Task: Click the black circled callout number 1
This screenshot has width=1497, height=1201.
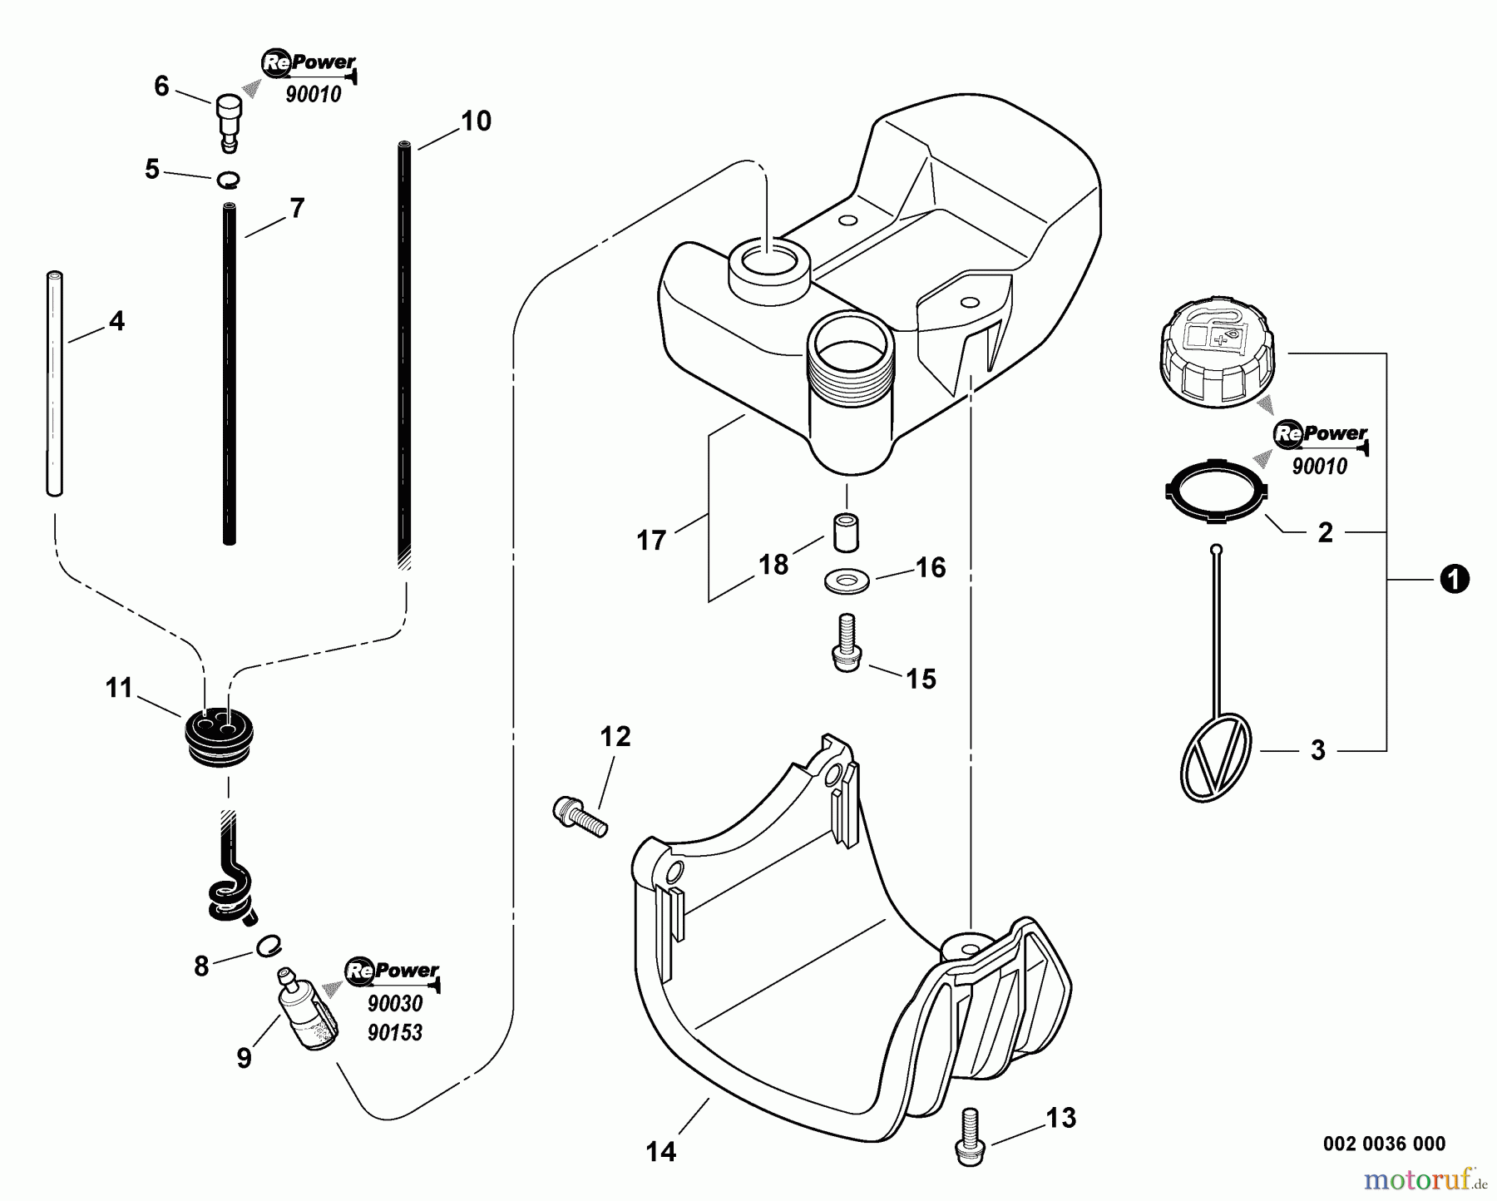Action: [1454, 579]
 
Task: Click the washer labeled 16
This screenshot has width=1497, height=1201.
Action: [847, 581]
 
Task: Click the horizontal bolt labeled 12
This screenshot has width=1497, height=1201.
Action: [580, 816]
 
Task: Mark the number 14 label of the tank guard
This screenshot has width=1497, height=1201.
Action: [661, 1152]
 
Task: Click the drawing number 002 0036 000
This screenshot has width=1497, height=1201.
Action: [1384, 1144]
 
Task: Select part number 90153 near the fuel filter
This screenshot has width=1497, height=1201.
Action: [394, 1032]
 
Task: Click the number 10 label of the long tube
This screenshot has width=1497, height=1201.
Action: [476, 121]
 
